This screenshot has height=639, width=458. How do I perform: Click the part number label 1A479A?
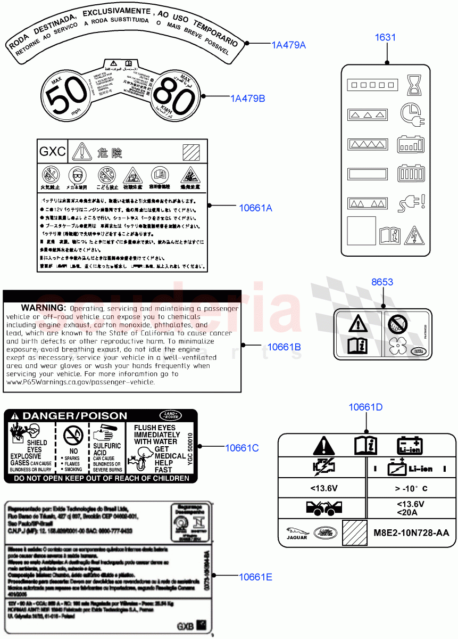pos(289,45)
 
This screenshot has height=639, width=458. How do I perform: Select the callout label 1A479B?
pos(247,99)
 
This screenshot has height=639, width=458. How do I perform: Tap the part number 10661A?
pos(255,208)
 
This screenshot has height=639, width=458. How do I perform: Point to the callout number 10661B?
pos(284,347)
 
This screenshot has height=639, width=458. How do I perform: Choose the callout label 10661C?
pos(242,448)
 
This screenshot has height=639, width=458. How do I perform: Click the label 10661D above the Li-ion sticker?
pos(365,407)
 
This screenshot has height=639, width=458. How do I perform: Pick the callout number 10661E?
pos(255,577)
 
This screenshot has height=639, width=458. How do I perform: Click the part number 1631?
pos(385,37)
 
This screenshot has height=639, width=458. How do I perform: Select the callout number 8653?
pos(382,282)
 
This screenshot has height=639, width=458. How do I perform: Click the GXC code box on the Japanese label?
pos(53,152)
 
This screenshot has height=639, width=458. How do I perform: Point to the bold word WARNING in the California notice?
pos(43,308)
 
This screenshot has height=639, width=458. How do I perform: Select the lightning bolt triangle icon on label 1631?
pos(412,235)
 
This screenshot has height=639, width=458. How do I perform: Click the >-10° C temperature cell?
pos(411,488)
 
